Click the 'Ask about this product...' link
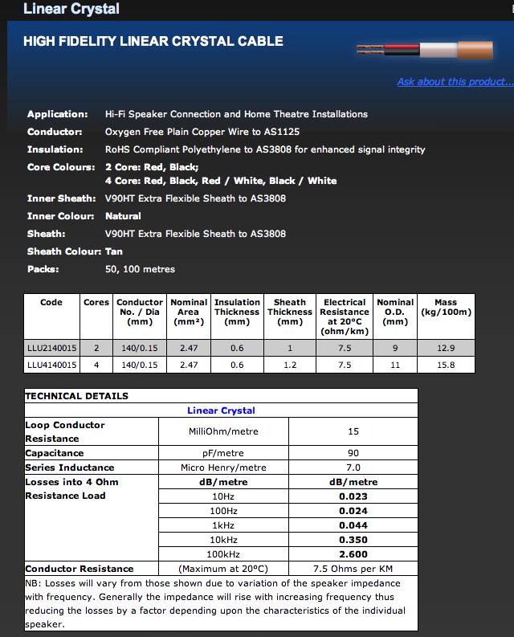tap(455, 82)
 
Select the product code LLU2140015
tap(52, 348)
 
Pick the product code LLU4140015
tap(52, 365)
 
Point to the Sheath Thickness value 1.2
tap(290, 365)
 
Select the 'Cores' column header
tap(96, 303)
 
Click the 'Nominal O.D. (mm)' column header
tap(395, 312)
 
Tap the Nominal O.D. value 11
tap(395, 365)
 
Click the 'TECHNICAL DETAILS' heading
tap(77, 396)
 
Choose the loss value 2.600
tap(353, 554)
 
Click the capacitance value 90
tap(353, 453)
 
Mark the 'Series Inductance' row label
tap(70, 468)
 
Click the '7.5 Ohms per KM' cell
tap(353, 569)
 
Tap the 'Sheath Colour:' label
tap(64, 251)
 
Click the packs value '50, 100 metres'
tap(140, 269)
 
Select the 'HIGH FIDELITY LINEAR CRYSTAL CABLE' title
tap(153, 41)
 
